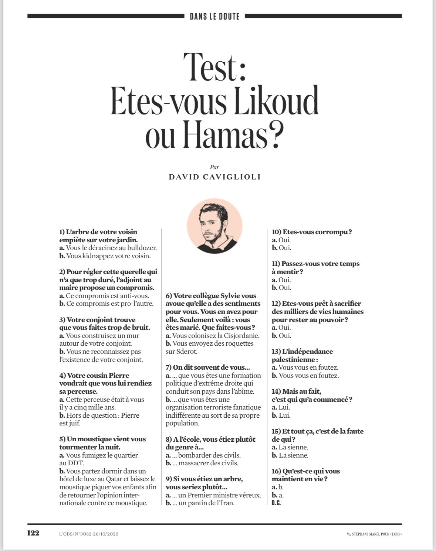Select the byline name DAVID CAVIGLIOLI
tap(215, 177)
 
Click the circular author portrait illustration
tap(214, 226)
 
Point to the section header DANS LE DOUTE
tap(214, 16)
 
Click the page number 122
tap(33, 533)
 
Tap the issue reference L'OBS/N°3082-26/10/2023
tap(89, 534)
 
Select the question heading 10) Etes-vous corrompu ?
tap(312, 232)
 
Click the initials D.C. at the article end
tap(276, 503)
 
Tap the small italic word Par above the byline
tap(214, 167)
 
